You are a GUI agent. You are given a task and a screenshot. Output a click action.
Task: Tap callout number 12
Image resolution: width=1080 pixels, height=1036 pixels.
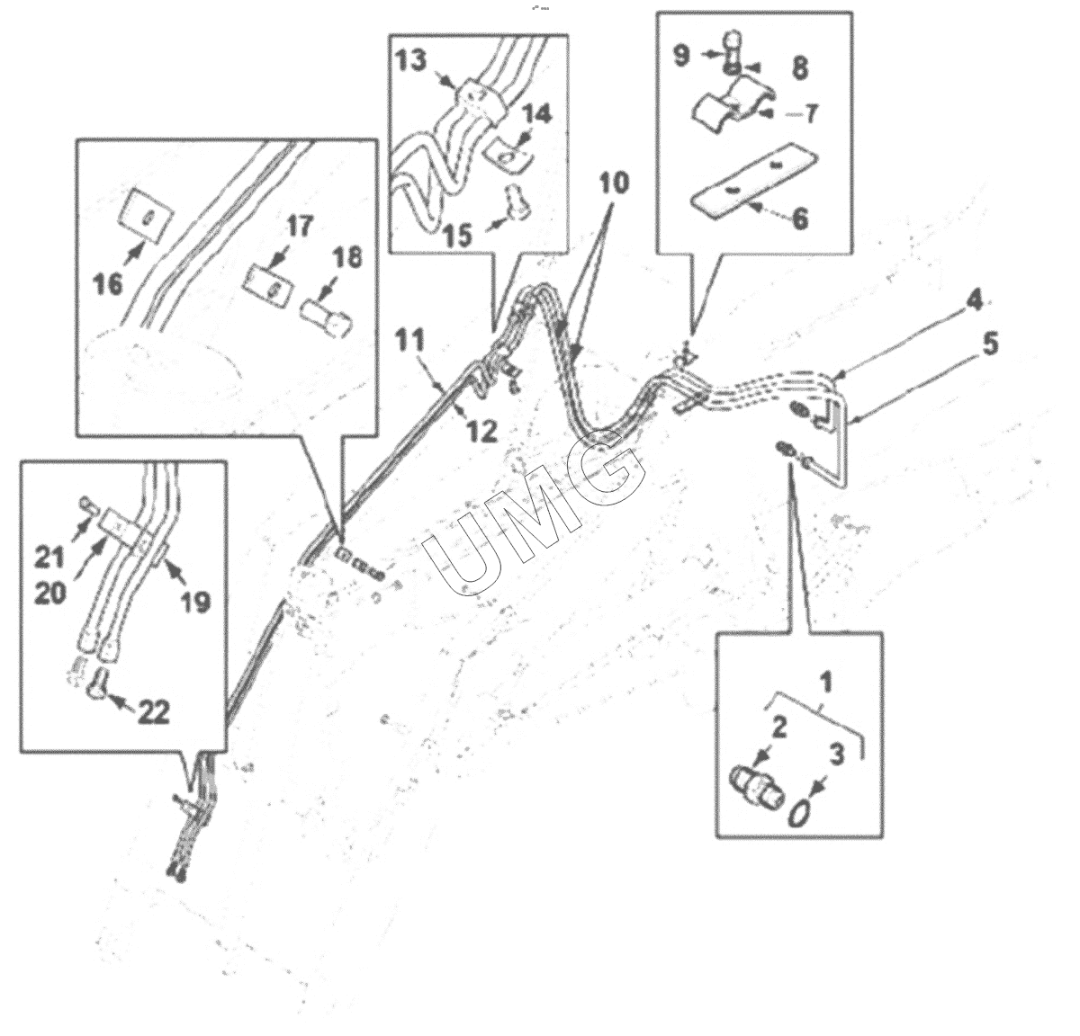tap(481, 431)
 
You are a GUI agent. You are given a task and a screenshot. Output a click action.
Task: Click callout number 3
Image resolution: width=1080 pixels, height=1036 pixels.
tap(836, 755)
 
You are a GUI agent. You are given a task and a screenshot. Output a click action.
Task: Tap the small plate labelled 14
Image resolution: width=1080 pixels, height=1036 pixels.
tap(509, 157)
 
